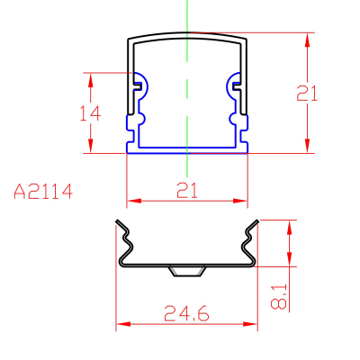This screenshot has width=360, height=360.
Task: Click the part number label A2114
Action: click(x=43, y=192)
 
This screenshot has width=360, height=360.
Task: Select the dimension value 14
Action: click(x=90, y=113)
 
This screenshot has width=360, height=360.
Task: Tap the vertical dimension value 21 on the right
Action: click(x=307, y=93)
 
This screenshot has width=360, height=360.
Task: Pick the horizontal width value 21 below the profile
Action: click(x=187, y=191)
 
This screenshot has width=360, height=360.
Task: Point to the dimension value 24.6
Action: click(x=186, y=313)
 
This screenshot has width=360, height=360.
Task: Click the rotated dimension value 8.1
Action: click(x=279, y=297)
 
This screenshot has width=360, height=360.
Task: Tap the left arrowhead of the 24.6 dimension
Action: click(x=123, y=324)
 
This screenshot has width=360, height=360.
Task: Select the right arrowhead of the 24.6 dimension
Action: click(x=250, y=324)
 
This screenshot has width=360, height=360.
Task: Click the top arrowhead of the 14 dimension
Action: click(x=91, y=80)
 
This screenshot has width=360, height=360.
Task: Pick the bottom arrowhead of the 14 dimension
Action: click(x=91, y=146)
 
